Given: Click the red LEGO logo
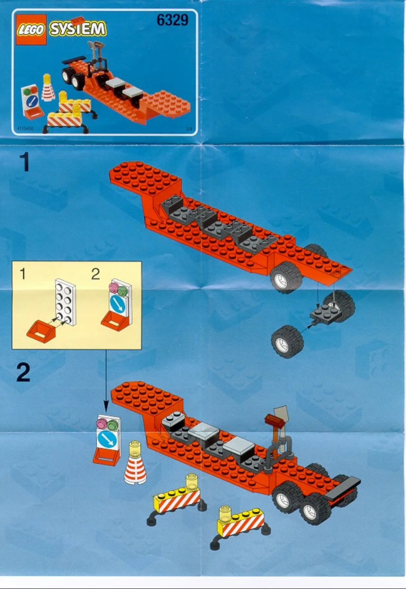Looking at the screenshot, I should (x=31, y=30).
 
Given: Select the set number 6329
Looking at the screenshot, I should (x=172, y=20).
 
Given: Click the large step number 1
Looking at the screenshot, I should (x=24, y=163).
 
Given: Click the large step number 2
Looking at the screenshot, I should (x=23, y=373).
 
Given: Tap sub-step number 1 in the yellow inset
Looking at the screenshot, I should (x=22, y=274).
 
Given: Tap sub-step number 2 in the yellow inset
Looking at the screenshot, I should (x=96, y=274).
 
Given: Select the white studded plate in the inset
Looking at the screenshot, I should (x=65, y=302).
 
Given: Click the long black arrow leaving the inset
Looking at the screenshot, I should (x=106, y=380).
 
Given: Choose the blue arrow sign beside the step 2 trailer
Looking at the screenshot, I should (x=108, y=439).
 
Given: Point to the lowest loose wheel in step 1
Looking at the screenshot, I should (x=287, y=341).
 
